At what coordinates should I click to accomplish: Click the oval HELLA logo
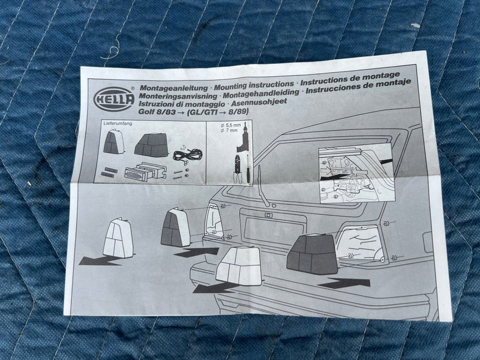[114, 99]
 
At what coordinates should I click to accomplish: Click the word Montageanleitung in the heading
[174, 88]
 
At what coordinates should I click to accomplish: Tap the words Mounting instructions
[254, 85]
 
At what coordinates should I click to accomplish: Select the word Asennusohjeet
[259, 102]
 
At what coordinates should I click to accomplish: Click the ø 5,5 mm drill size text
[230, 125]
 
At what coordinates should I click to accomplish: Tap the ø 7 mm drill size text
[229, 130]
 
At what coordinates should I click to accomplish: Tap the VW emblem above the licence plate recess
[268, 215]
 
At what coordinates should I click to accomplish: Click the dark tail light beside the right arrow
[312, 254]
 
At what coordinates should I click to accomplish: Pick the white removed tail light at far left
[118, 238]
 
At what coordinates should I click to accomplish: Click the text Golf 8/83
[157, 112]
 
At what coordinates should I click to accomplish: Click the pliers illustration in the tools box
[238, 169]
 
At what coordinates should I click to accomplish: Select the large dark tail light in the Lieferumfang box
[152, 145]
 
